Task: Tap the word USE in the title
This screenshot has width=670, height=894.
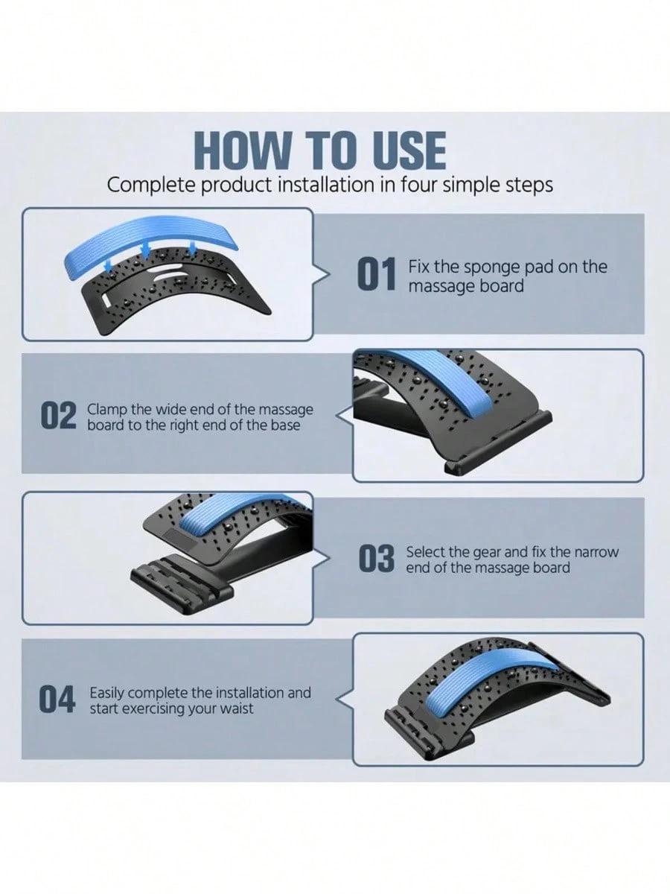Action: [x=405, y=151]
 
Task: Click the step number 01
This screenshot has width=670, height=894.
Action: [x=377, y=276]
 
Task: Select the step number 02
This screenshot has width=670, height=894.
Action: [x=58, y=416]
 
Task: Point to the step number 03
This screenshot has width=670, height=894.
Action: [x=377, y=559]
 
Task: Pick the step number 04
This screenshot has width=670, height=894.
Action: [x=57, y=701]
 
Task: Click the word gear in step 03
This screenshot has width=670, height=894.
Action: [x=487, y=552]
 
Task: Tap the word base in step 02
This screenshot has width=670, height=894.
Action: [x=287, y=425]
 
